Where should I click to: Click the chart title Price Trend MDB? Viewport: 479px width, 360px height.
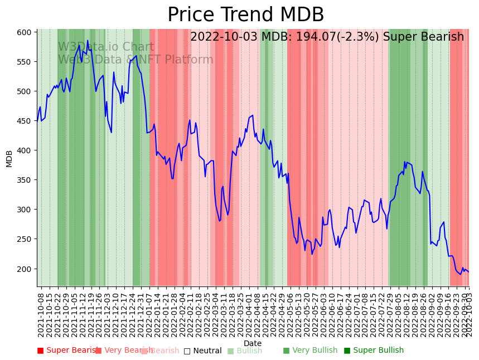[x=245, y=15]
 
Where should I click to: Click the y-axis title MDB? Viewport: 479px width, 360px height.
[x=9, y=158]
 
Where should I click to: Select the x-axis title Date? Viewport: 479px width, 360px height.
[x=253, y=344]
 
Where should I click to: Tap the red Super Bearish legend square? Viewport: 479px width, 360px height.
[x=40, y=351]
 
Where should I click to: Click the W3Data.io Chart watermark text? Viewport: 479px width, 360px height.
[x=106, y=47]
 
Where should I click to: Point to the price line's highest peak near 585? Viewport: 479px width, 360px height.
[x=88, y=41]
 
